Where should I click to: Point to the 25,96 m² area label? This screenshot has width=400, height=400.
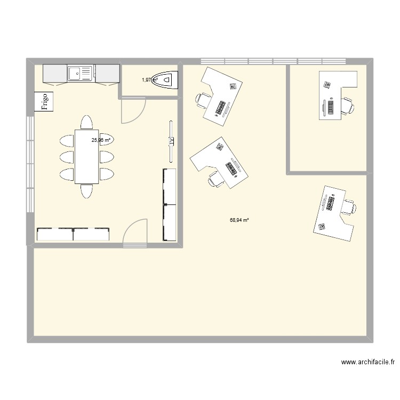tap(101, 140)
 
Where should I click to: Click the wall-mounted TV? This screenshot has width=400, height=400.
tap(171, 141)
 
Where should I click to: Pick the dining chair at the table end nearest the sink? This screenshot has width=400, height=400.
tap(86, 122)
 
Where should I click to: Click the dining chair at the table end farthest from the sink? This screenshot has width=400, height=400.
tap(86, 191)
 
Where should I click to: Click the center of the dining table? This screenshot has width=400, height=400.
tap(86, 156)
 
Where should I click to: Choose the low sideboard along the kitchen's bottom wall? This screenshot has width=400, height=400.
tap(73, 234)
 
